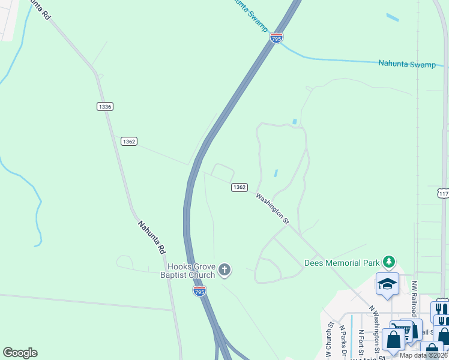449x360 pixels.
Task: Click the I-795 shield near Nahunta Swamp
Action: [276, 37]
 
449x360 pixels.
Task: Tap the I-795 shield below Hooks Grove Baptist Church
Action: [200, 290]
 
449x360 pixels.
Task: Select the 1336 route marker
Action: [104, 106]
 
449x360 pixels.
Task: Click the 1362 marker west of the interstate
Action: [128, 141]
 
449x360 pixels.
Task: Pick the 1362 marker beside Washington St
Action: [239, 187]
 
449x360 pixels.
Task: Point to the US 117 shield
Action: [443, 194]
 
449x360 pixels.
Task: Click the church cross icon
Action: [224, 270]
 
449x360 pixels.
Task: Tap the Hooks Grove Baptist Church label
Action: [191, 271]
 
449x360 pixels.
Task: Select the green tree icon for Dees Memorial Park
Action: [390, 262]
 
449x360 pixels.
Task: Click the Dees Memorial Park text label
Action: [342, 263]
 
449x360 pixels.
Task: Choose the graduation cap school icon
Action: [387, 283]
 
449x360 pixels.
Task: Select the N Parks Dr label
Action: [343, 341]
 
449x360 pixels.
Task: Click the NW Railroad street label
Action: [414, 298]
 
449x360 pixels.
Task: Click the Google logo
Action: [20, 353]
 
